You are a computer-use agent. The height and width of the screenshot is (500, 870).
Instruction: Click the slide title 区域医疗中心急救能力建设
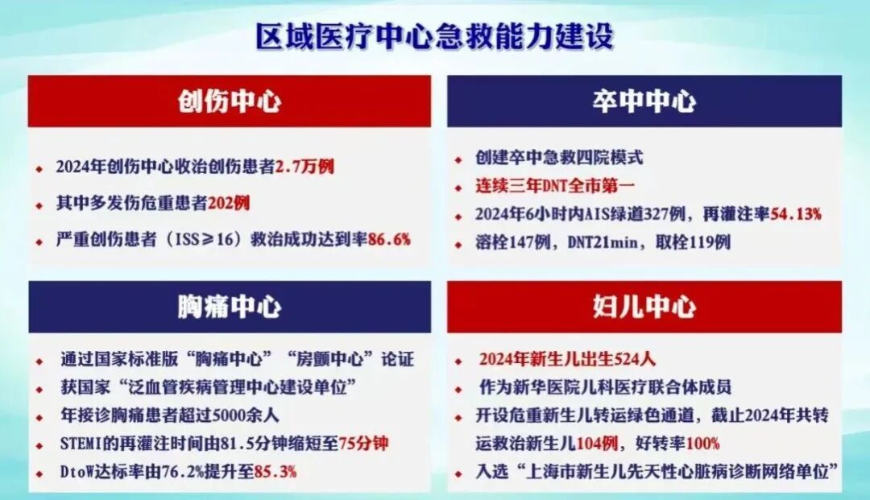pyautogui.click(x=434, y=36)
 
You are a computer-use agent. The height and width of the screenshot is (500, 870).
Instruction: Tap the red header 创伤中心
pyautogui.click(x=229, y=101)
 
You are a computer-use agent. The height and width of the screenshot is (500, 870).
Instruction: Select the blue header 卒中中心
pyautogui.click(x=644, y=101)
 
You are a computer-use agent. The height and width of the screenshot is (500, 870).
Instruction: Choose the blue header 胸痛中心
pyautogui.click(x=229, y=307)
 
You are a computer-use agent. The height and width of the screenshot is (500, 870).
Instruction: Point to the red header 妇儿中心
pyautogui.click(x=644, y=307)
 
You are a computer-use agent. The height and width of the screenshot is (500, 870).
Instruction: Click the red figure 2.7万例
pyautogui.click(x=304, y=167)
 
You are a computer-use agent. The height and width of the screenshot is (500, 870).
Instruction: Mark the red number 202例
pyautogui.click(x=229, y=203)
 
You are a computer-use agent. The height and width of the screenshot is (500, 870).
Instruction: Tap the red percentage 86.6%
pyautogui.click(x=389, y=239)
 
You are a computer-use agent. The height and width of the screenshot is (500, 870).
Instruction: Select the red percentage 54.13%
pyautogui.click(x=796, y=214)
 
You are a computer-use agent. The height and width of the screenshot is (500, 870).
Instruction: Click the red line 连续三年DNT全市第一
pyautogui.click(x=555, y=186)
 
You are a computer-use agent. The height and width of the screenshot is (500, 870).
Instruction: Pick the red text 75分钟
pyautogui.click(x=363, y=444)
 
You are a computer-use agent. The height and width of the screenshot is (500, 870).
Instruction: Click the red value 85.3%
pyautogui.click(x=275, y=472)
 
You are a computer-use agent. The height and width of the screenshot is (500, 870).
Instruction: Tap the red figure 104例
pyautogui.click(x=598, y=444)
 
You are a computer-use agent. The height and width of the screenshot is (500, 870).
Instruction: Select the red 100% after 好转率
pyautogui.click(x=703, y=444)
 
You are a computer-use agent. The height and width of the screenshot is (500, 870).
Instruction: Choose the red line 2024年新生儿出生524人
pyautogui.click(x=568, y=359)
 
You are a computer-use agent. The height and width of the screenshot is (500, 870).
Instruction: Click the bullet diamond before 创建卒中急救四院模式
pyautogui.click(x=458, y=160)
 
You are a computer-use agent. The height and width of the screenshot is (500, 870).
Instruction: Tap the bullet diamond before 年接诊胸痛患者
pyautogui.click(x=39, y=418)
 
